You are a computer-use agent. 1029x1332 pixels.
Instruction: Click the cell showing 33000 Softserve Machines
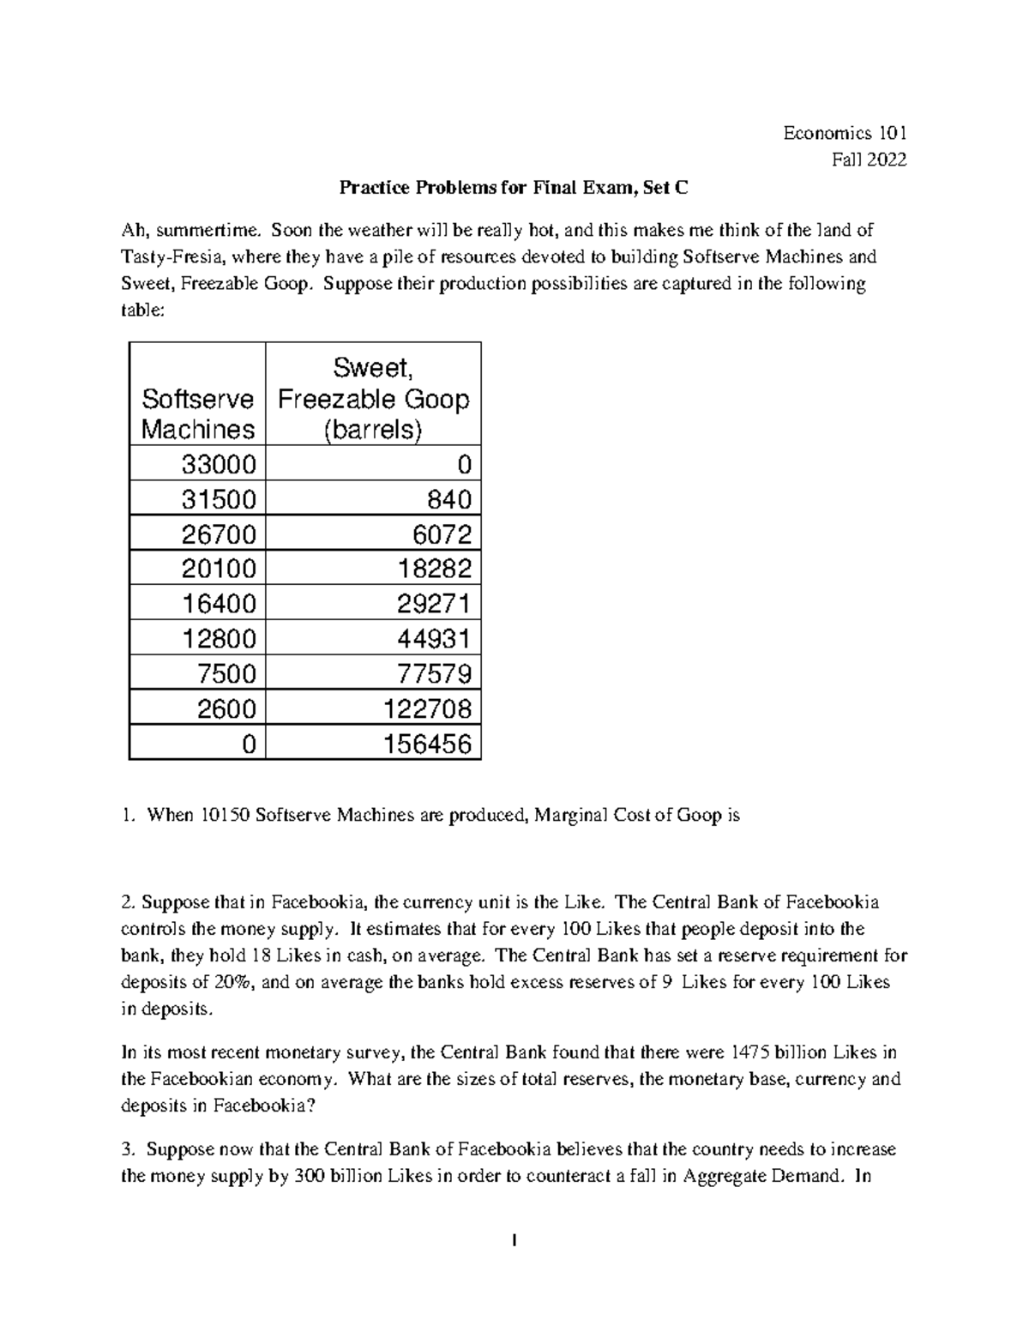(218, 464)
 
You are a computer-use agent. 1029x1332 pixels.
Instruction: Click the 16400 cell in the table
(218, 604)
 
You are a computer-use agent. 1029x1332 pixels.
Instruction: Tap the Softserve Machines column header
(198, 413)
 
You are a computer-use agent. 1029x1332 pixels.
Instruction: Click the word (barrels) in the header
(373, 430)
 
